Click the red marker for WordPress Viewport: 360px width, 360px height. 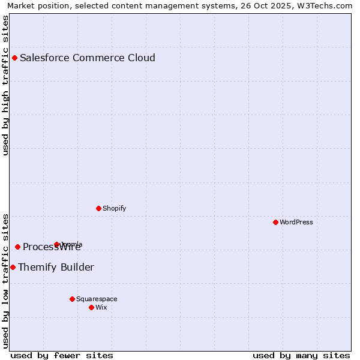[275, 222]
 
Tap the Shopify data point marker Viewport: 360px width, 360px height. [98, 208]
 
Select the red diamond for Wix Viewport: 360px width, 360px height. [91, 307]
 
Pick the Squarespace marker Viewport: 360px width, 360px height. [72, 299]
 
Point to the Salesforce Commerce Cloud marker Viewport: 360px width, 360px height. [14, 58]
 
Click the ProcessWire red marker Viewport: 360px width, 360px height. [17, 247]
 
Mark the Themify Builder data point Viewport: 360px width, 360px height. [13, 267]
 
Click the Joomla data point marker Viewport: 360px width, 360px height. [56, 244]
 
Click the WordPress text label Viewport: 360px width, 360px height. [296, 222]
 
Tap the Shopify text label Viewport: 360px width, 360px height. [115, 208]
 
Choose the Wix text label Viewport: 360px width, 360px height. [101, 307]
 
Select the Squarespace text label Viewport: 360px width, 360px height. [97, 299]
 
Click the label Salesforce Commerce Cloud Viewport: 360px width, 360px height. [88, 58]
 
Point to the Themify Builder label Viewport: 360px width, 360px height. [56, 267]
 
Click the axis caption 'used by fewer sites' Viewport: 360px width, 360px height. [62, 355]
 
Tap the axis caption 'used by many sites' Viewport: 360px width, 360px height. [301, 355]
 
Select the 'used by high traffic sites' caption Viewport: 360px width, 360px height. [6, 85]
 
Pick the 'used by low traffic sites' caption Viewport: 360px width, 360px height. [6, 280]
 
